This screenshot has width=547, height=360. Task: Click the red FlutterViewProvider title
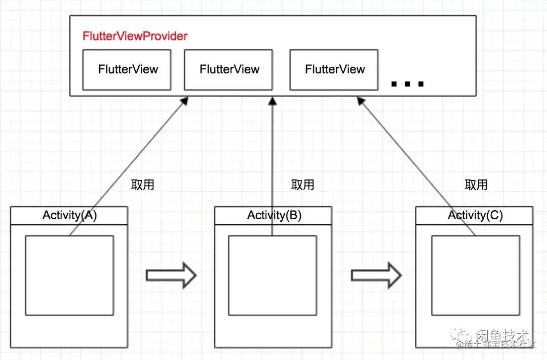point(135,36)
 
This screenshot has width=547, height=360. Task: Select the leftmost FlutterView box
point(128,69)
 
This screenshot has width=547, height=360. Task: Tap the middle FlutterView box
point(229,69)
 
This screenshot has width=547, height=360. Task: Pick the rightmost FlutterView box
point(334,69)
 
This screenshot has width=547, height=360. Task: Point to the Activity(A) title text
point(69,215)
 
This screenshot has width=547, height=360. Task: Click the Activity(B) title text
point(274,215)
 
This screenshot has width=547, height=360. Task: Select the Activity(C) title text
point(475,215)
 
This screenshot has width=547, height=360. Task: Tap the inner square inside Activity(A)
point(69,275)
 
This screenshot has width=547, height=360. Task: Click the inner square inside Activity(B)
point(272,275)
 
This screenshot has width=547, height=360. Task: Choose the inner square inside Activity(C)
point(475,275)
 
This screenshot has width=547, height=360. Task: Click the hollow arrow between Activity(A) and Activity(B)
point(171,275)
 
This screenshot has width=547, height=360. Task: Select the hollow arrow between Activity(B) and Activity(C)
point(376,275)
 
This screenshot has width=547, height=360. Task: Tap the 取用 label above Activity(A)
point(142,185)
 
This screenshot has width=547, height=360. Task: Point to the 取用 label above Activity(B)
point(302,185)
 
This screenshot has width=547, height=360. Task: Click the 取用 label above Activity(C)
point(476,185)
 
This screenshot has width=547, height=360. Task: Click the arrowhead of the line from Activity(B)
point(272,101)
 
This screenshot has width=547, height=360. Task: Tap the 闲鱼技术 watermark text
point(501,335)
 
